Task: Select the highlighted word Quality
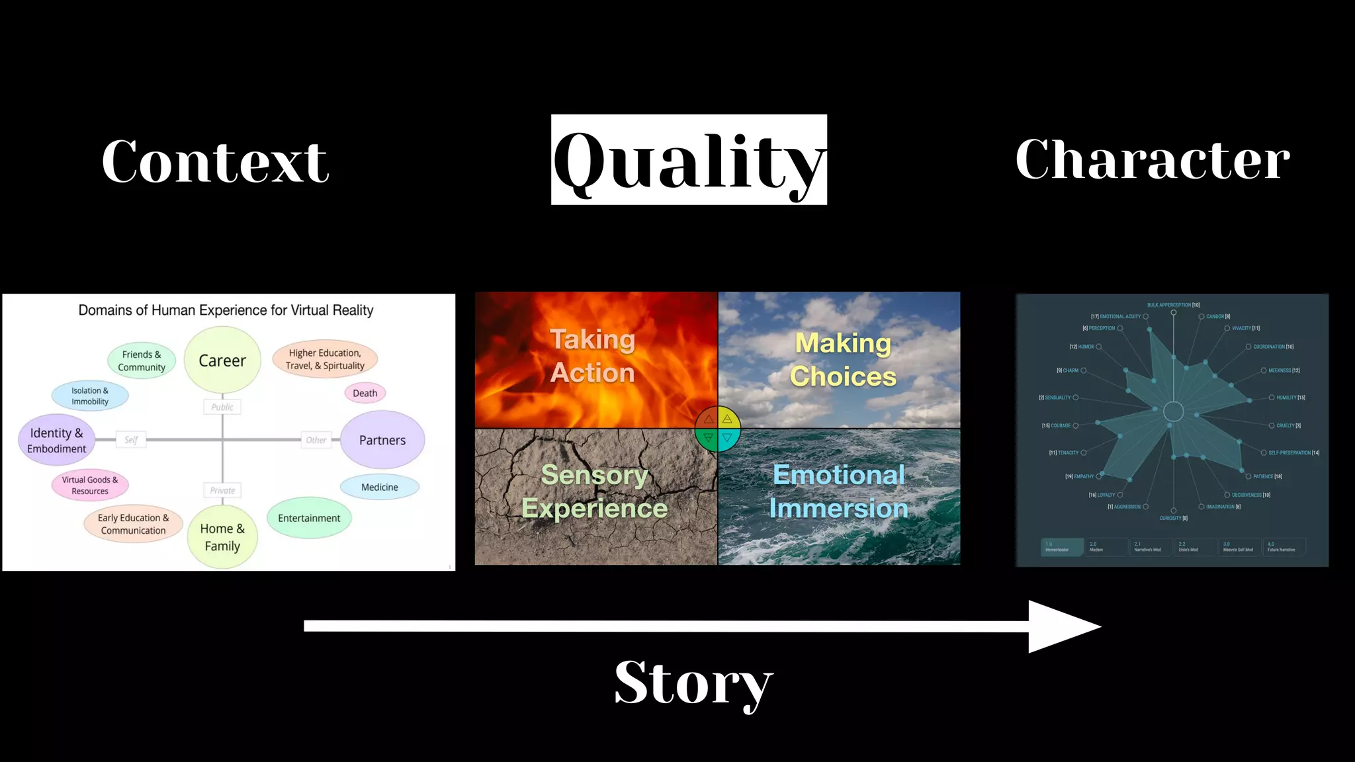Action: (x=689, y=160)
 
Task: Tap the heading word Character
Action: (x=1153, y=159)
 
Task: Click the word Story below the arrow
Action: (x=693, y=683)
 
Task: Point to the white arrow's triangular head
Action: (x=1062, y=626)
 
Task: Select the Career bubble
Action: (x=222, y=360)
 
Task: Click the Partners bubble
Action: (x=382, y=440)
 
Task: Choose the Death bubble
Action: (x=365, y=393)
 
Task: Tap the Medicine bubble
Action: (x=380, y=487)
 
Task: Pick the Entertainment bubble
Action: (x=309, y=518)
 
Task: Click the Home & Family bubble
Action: (x=222, y=537)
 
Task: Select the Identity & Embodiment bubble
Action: (x=57, y=441)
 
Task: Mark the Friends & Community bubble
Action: (x=142, y=360)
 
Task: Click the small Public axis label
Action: (x=222, y=407)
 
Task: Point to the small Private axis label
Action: (x=222, y=490)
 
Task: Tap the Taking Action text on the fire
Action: (x=593, y=357)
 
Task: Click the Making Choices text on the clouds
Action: (x=843, y=360)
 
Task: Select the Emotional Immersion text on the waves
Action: (x=838, y=491)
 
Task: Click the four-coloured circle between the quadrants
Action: (x=718, y=429)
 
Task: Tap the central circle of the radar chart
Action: (x=1173, y=411)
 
